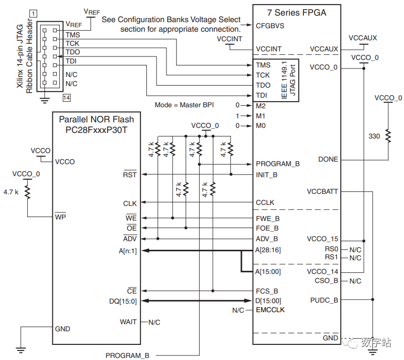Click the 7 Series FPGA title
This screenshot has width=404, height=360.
click(x=297, y=13)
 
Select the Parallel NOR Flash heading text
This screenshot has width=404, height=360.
click(x=97, y=119)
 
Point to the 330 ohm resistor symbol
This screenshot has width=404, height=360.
click(x=388, y=136)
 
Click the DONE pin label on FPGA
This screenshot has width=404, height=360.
click(x=328, y=159)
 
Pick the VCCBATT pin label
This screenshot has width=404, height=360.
click(x=322, y=191)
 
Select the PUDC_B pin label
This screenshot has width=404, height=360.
click(x=324, y=300)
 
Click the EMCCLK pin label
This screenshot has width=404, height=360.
click(x=270, y=310)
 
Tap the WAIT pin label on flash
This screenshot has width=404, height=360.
click(x=128, y=321)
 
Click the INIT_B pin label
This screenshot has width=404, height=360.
click(x=267, y=175)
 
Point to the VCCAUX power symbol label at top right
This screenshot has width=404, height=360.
click(x=363, y=38)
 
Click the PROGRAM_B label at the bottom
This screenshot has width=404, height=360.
click(x=127, y=355)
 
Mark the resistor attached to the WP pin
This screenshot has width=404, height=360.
click(x=28, y=192)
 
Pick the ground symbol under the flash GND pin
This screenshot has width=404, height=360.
click(x=21, y=348)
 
